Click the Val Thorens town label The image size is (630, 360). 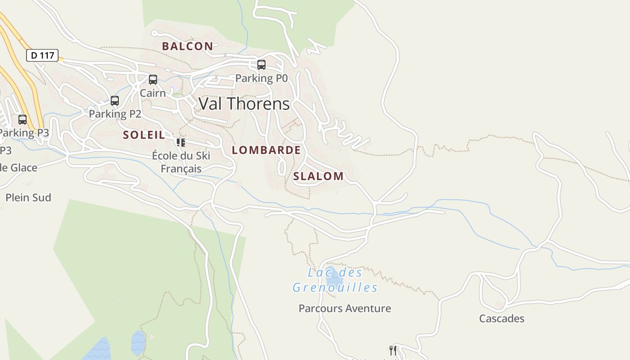click(x=244, y=104)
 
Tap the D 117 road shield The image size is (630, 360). click(x=42, y=55)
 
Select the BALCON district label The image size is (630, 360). click(x=187, y=46)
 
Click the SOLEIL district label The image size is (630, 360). click(x=144, y=135)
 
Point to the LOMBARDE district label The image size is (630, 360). click(x=266, y=150)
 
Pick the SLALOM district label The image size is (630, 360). click(x=318, y=176)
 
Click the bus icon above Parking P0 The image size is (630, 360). click(x=261, y=65)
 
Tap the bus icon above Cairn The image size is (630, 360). click(x=153, y=80)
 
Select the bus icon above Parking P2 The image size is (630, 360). click(x=115, y=101)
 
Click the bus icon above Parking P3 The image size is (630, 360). click(x=22, y=120)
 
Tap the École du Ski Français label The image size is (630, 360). click(x=181, y=162)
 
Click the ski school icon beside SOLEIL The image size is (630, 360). click(x=181, y=143)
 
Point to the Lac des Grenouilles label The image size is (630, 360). click(x=335, y=280)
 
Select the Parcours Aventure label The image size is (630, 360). click(x=345, y=308)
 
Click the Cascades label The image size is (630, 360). click(x=501, y=319)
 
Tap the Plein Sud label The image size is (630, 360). click(x=28, y=198)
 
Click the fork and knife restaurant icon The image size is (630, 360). click(x=393, y=350)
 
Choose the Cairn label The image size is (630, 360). click(x=153, y=93)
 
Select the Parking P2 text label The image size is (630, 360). click(x=115, y=114)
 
